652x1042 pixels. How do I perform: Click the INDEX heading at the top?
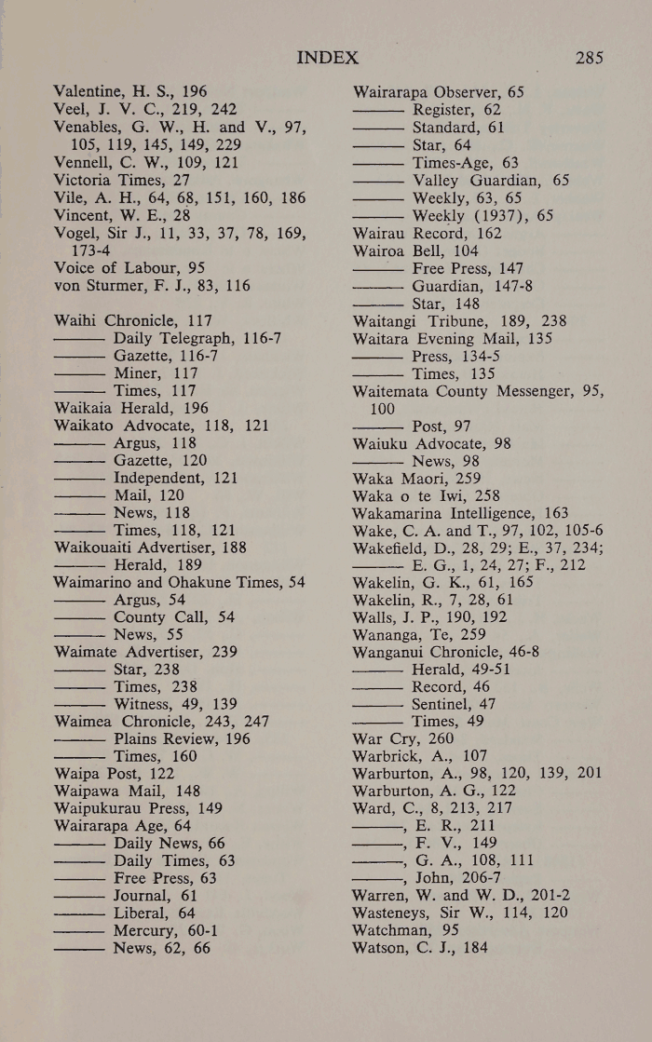(x=327, y=58)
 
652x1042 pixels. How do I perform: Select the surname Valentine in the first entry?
(x=92, y=91)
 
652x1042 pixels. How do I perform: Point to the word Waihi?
(x=76, y=319)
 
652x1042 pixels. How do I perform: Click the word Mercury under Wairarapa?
(x=146, y=931)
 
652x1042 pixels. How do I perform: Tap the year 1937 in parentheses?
(x=509, y=214)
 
